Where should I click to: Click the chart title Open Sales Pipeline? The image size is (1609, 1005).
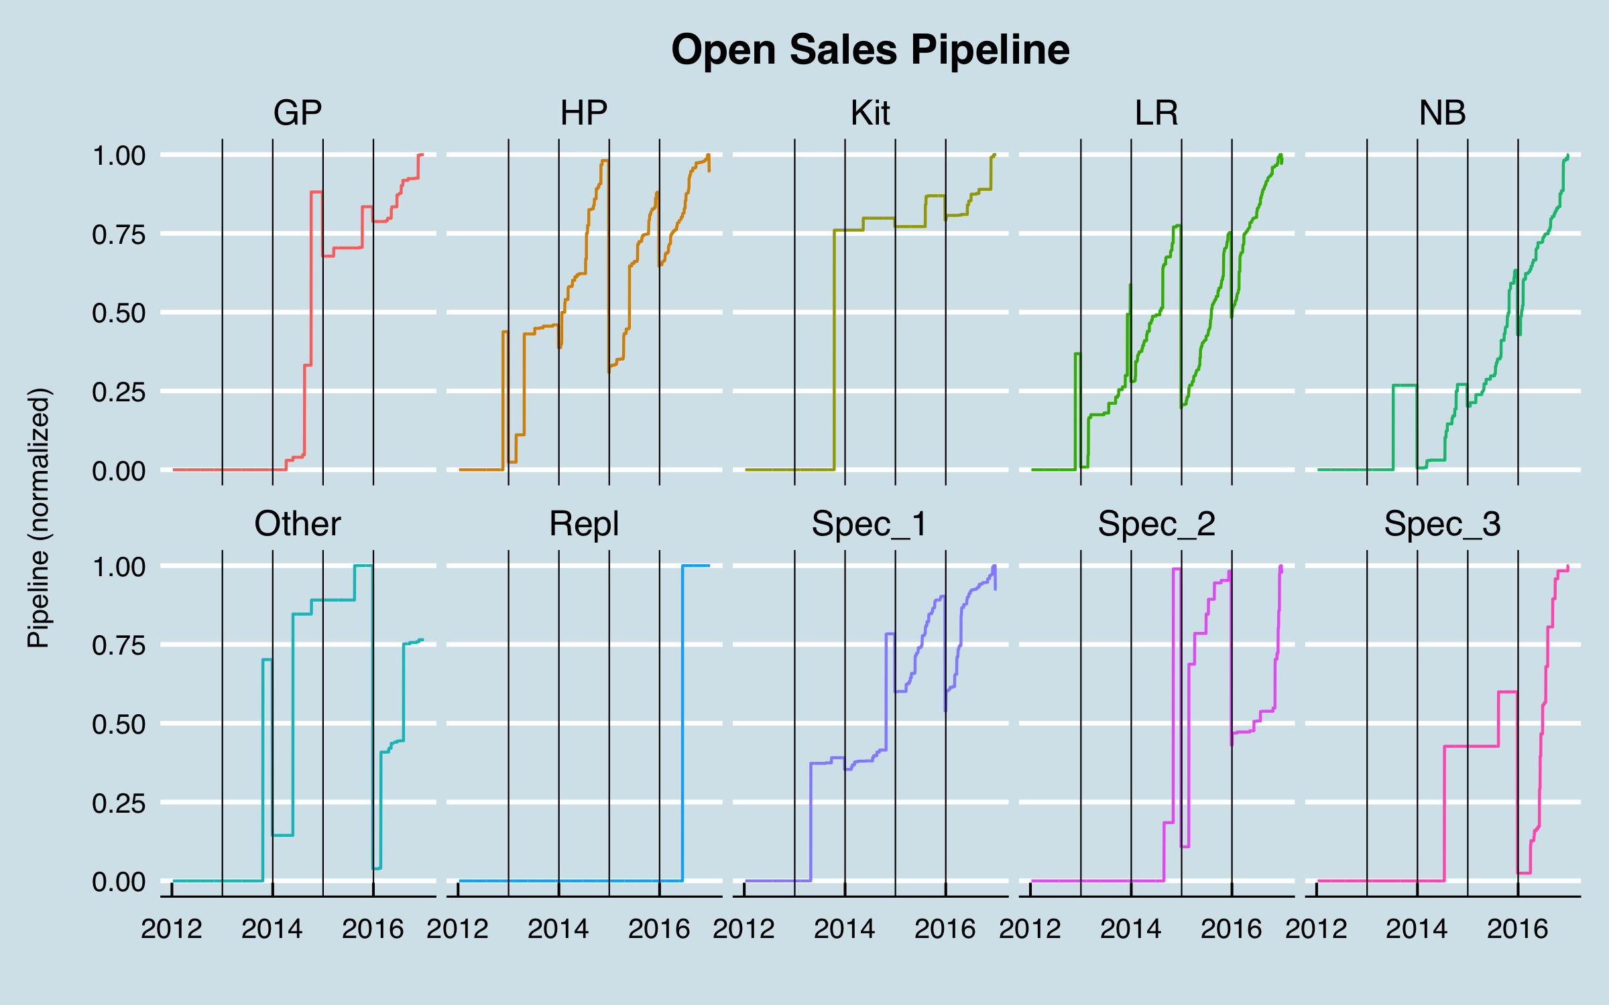870,50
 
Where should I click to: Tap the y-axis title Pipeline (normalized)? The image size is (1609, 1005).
38,517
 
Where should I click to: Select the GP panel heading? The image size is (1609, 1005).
297,113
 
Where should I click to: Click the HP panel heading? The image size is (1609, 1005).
584,113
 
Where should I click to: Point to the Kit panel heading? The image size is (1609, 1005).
870,113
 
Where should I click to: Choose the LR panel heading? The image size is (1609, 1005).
1156,113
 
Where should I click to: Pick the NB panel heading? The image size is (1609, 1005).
1443,113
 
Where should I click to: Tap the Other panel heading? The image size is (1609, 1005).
297,524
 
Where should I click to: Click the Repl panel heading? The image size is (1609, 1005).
584,524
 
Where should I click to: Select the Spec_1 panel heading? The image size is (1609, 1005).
870,524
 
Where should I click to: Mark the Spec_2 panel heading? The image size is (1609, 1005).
1156,524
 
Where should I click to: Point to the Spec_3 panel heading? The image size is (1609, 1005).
1443,524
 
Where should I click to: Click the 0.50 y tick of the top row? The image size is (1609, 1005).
119,314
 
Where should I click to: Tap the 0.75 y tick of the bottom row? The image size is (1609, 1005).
119,646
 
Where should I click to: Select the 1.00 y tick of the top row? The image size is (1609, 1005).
119,156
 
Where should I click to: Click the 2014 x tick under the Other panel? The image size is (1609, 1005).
272,929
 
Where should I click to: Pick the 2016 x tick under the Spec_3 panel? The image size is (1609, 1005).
1518,929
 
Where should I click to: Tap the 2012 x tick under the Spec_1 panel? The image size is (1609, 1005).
744,929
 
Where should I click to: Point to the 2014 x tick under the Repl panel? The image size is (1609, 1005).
558,929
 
